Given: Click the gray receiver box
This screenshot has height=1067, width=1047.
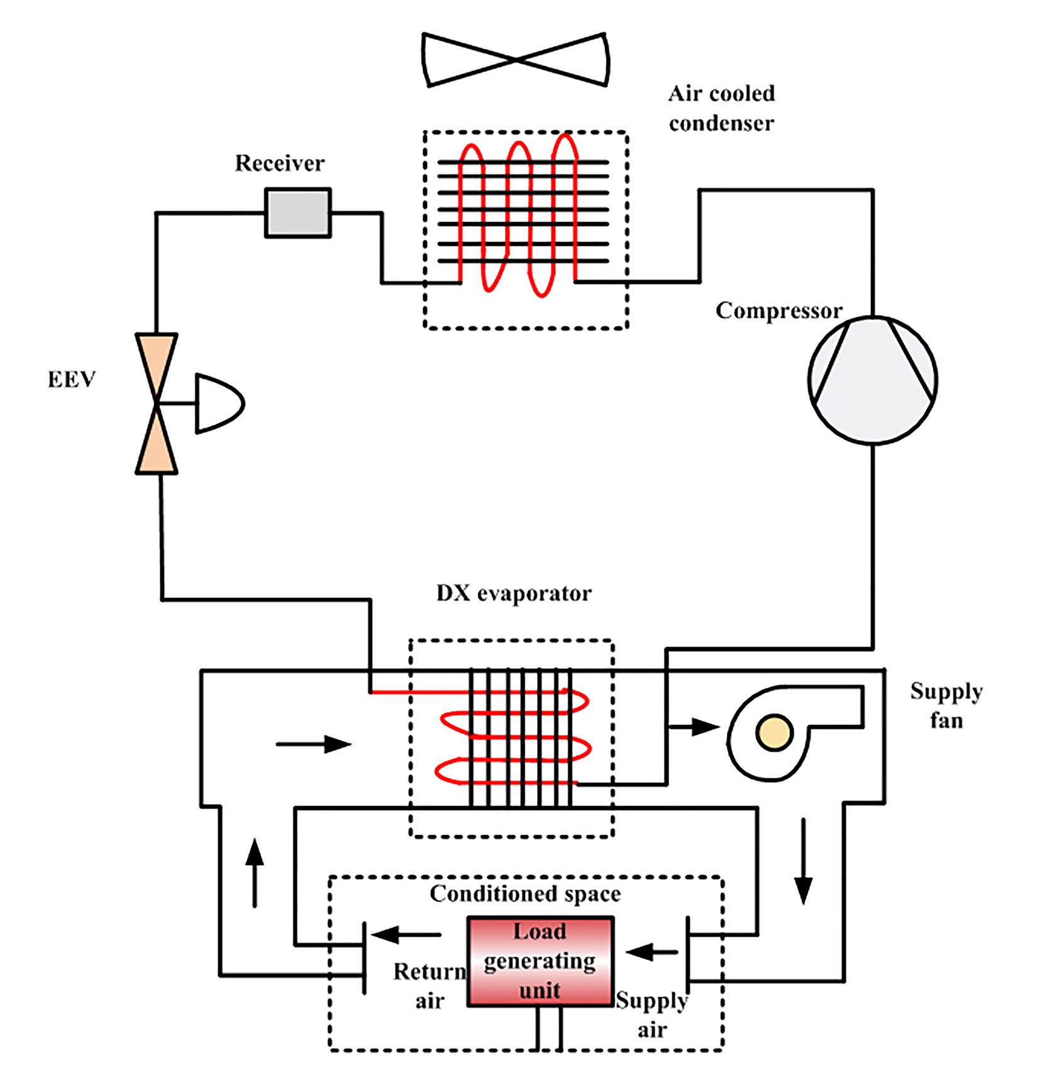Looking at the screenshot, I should tap(298, 213).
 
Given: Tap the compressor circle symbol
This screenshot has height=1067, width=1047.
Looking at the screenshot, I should tap(872, 380).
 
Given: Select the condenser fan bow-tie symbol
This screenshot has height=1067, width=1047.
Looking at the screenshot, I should tap(516, 59).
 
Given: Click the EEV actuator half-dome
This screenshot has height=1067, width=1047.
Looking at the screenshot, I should tap(217, 404).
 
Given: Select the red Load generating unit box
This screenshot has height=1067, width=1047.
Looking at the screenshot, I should tap(540, 962).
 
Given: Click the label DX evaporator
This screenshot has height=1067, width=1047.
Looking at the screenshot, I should tap(514, 594).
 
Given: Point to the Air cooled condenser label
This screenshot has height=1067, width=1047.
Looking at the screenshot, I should tap(721, 108).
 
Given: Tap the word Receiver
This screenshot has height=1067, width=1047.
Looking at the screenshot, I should tap(280, 163).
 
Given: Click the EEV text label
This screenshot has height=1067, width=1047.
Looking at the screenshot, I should tap(71, 380).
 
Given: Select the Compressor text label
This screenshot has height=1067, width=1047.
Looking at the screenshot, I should tap(778, 311).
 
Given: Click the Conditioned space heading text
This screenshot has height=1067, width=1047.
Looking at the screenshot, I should tap(525, 894).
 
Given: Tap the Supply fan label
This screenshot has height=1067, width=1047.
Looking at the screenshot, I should tap(946, 705).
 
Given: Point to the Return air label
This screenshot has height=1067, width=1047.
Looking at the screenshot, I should tap(429, 986).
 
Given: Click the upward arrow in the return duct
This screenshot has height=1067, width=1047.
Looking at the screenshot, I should tap(254, 872).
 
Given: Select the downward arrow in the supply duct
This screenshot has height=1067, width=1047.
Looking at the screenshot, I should tap(803, 861).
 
